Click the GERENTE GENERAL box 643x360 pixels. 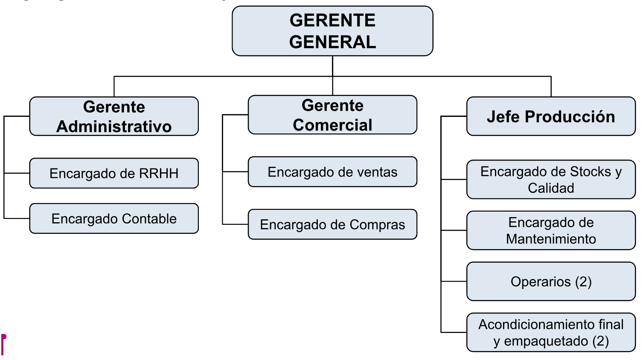tap(332, 31)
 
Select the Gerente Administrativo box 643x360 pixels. tap(114, 116)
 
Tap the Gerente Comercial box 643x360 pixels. tap(332, 115)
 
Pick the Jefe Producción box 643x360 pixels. tap(551, 116)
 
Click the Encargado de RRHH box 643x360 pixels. tap(114, 173)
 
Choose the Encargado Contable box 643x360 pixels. tap(114, 218)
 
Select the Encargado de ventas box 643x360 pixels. tap(332, 172)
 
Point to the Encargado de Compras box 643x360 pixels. tap(332, 224)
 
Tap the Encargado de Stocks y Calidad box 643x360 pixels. tap(551, 180)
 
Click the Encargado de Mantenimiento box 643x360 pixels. tap(551, 230)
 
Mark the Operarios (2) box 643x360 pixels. tap(551, 282)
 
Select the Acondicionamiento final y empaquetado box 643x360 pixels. tap(551, 332)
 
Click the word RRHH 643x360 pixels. tap(159, 173)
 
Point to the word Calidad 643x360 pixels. tap(551, 188)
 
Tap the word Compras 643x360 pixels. tap(377, 225)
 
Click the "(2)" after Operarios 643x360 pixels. tap(583, 282)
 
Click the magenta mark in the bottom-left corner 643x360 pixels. tap(3, 345)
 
